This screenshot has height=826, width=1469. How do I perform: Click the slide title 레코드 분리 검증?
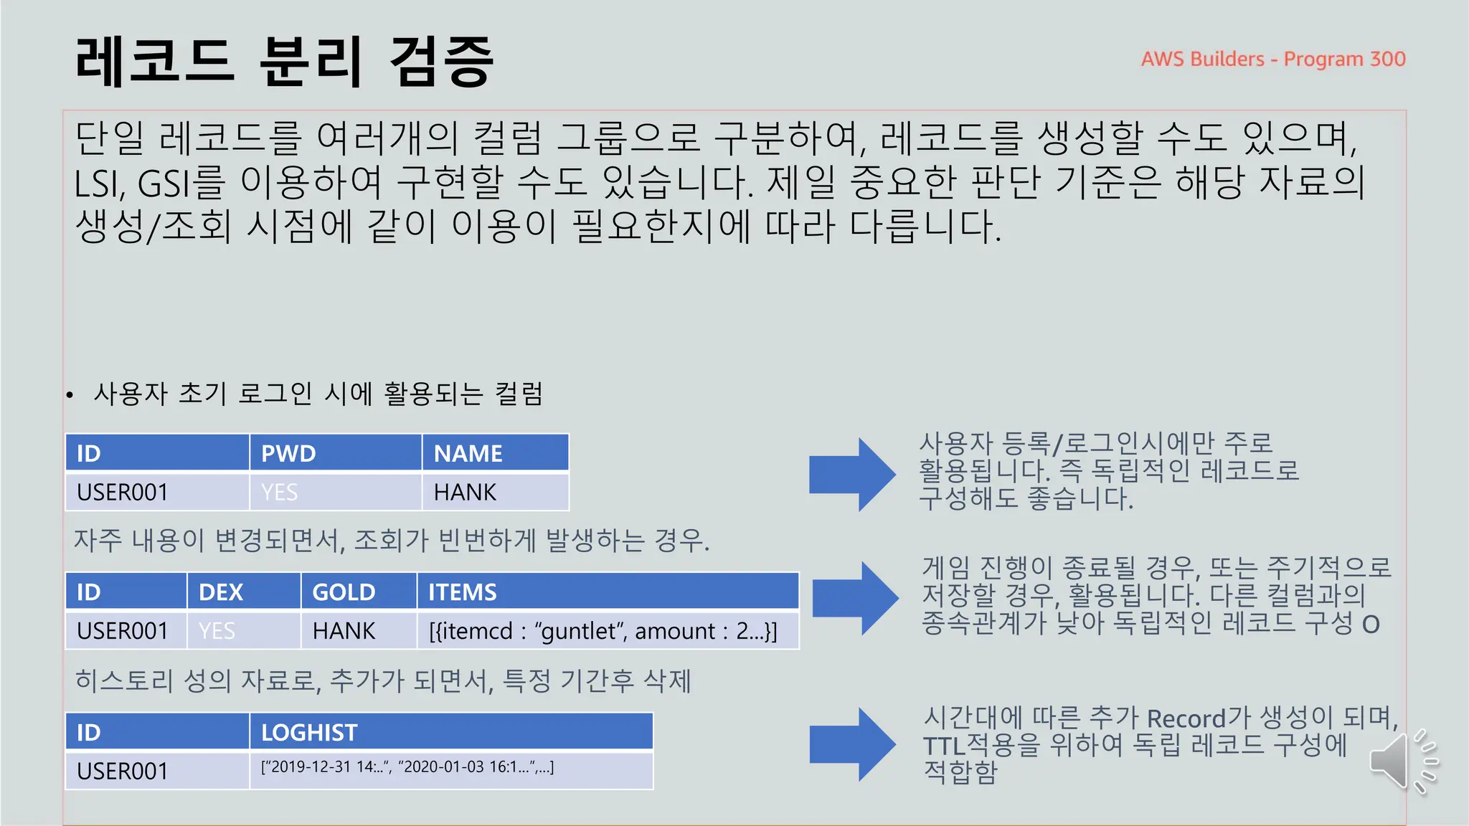[284, 62]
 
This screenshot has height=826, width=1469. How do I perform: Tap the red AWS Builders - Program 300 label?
[1273, 59]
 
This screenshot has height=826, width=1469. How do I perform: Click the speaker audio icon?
[1402, 761]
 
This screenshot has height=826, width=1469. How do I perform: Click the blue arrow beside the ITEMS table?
[854, 598]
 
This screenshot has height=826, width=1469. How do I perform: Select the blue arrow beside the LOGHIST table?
[852, 744]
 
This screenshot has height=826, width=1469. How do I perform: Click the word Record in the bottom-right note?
[1186, 718]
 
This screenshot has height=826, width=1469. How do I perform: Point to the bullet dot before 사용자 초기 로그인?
[70, 395]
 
